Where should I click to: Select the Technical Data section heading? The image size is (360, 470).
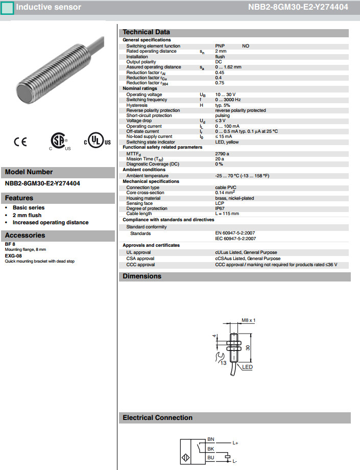[146, 32]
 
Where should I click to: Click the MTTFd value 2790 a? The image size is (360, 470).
[222, 153]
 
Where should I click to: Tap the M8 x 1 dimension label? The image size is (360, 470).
[248, 320]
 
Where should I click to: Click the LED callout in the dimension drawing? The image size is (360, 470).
[248, 367]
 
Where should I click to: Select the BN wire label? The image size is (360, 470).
[210, 439]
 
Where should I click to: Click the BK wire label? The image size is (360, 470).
[210, 449]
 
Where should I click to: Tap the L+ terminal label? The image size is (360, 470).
[235, 443]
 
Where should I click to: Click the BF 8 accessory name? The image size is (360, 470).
[10, 244]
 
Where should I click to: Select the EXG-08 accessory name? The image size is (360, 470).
[13, 255]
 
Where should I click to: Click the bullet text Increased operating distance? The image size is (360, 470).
[51, 222]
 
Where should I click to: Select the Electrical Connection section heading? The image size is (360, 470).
[157, 418]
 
